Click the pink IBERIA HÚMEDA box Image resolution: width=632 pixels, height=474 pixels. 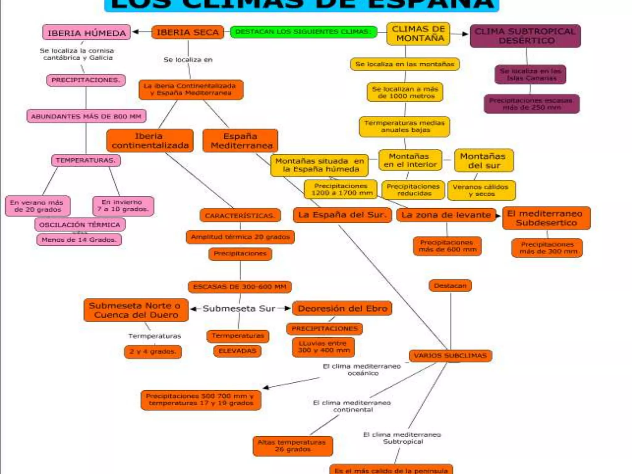(86, 32)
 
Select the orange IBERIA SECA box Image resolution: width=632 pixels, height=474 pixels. (188, 32)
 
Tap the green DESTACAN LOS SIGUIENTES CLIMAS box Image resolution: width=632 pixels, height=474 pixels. (303, 32)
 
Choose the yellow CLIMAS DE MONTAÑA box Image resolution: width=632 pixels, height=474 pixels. (418, 34)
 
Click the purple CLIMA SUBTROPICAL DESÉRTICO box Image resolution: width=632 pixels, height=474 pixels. (525, 36)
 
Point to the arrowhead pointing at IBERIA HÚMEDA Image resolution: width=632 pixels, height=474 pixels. (135, 32)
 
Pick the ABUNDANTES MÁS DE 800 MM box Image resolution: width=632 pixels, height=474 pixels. (86, 116)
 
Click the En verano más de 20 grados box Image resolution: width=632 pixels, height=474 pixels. (38, 206)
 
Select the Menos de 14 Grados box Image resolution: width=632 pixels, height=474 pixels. (79, 240)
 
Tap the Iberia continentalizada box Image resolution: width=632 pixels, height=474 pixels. (150, 141)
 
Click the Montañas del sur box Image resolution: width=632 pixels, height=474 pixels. (484, 161)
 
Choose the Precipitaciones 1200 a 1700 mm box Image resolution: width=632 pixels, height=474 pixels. (341, 189)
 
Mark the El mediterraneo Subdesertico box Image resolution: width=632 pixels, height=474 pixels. (546, 218)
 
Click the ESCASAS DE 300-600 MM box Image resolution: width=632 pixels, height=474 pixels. (240, 287)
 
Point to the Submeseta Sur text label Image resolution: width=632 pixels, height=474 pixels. (239, 308)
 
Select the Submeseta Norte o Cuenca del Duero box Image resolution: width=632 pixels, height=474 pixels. (136, 310)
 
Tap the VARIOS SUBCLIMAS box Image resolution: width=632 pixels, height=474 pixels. (450, 355)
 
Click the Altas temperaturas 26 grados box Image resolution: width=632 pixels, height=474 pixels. (293, 446)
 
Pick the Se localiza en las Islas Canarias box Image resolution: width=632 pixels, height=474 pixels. (530, 74)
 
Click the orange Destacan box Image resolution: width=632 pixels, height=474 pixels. (450, 286)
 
